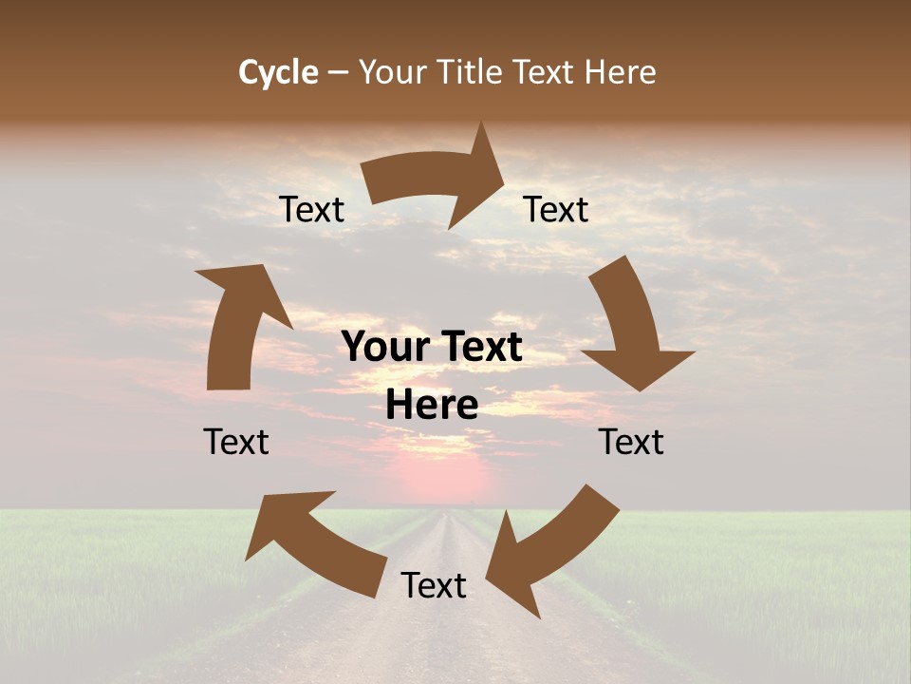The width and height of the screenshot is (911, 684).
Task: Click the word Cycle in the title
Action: click(x=278, y=72)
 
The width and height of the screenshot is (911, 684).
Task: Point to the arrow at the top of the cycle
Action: click(x=437, y=178)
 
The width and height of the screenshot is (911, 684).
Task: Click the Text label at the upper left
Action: click(x=311, y=210)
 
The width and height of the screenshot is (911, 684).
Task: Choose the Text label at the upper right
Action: click(x=556, y=210)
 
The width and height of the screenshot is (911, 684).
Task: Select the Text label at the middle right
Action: click(x=631, y=442)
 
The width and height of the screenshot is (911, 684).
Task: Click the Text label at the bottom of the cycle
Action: click(x=434, y=585)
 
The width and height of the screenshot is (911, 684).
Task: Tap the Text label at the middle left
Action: click(x=236, y=442)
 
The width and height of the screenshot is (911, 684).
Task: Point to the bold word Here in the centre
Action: click(x=432, y=406)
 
